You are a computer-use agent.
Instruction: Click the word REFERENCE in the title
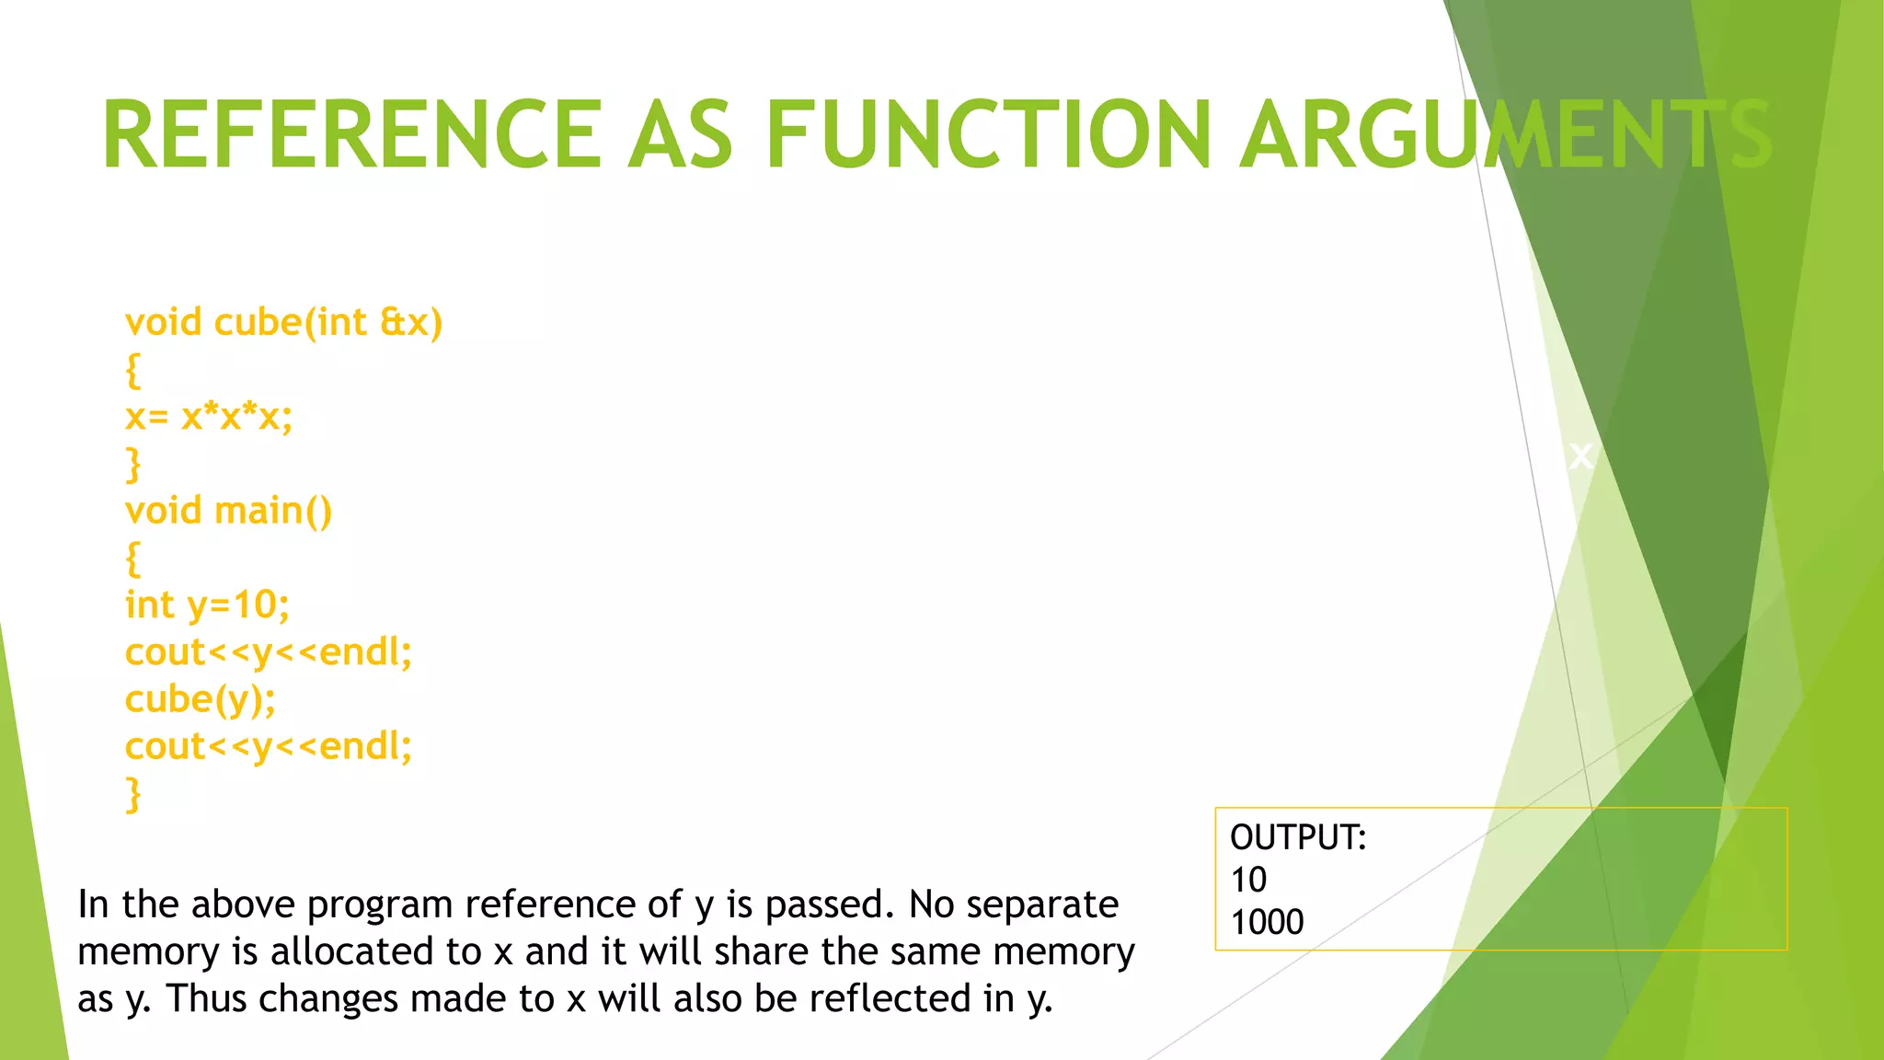(x=351, y=135)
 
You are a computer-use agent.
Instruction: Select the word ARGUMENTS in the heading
(x=1506, y=135)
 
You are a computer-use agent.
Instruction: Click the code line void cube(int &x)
(x=283, y=323)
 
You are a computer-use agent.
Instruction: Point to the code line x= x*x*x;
(x=209, y=417)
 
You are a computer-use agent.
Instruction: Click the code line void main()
(x=228, y=511)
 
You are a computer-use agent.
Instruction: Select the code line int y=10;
(x=207, y=605)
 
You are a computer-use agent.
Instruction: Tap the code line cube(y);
(x=200, y=699)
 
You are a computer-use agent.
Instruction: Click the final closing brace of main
(x=133, y=794)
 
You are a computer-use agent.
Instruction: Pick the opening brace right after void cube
(x=133, y=371)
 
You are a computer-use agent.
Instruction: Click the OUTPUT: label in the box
(x=1298, y=837)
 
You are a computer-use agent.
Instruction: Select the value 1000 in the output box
(x=1267, y=922)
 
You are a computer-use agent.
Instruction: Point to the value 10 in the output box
(x=1248, y=880)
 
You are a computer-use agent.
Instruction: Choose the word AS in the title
(x=681, y=135)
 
